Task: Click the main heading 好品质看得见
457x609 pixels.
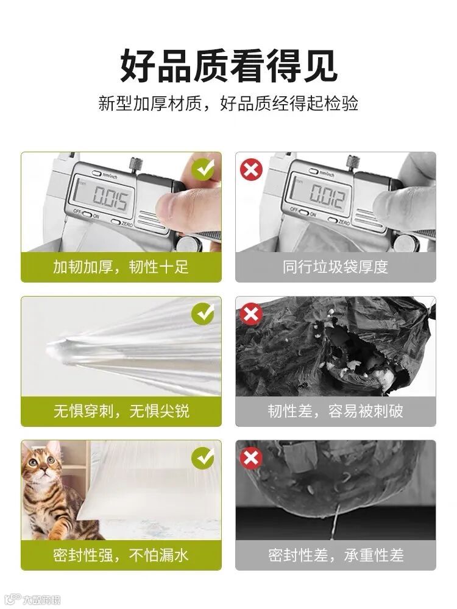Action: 228,66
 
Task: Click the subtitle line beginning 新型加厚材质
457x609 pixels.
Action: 228,104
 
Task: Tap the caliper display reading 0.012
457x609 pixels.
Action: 327,196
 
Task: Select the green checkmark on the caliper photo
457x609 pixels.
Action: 203,170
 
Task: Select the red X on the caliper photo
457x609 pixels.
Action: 251,170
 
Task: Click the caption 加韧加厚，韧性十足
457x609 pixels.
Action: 121,267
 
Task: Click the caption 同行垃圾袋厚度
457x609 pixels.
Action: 335,267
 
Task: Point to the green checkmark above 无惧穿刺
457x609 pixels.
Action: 203,314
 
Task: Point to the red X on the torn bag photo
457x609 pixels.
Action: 251,314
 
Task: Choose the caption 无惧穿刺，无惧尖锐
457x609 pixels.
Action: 121,411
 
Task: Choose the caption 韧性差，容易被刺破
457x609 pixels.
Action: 335,411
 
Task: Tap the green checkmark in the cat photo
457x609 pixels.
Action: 203,457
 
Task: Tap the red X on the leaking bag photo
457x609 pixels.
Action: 251,457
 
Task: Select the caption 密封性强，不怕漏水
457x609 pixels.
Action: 121,555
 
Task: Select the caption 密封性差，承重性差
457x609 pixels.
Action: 336,555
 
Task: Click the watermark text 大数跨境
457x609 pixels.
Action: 41,599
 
